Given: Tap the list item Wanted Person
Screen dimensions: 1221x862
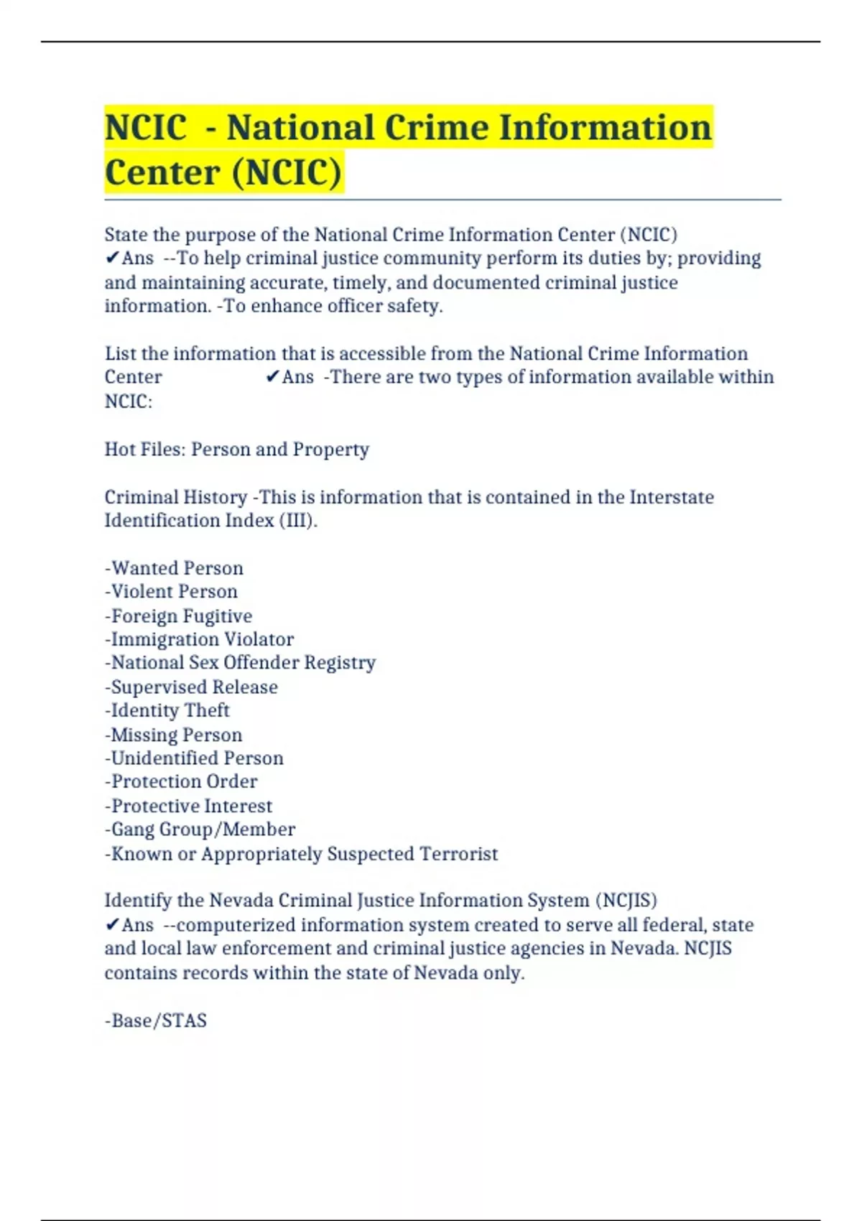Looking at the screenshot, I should pos(175,568).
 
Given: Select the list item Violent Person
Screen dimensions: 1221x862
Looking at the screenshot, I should pos(172,592).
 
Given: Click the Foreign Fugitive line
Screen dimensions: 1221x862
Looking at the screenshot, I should pos(179,616).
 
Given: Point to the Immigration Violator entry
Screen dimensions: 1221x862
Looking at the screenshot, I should pos(200,639).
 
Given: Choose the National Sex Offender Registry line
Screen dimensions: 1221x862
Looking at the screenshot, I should pos(241,663).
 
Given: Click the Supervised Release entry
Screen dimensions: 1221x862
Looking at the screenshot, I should pos(192,687).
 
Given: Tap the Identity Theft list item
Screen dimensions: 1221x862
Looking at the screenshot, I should pos(167,710).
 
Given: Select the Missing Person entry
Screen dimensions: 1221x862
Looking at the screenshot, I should pos(174,735).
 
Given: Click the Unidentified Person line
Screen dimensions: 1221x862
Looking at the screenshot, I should pos(195,758).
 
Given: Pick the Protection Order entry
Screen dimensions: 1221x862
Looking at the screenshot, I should pos(181,781).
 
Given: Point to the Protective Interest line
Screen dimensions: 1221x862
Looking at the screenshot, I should pos(189,806).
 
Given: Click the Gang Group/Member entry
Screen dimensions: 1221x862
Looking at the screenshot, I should pos(200,830).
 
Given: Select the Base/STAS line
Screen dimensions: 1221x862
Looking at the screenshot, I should pos(156,1021).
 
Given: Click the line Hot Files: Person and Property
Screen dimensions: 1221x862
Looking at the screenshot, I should pos(237,450).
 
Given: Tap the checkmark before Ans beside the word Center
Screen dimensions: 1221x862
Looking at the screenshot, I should pos(272,376).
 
